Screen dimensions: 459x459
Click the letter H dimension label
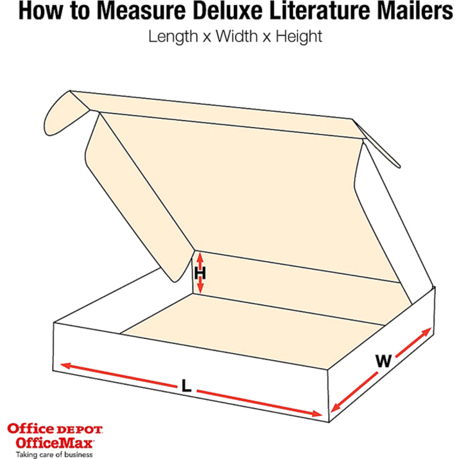tap(200, 273)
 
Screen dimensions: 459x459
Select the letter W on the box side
tap(383, 361)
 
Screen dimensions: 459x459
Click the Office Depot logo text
tap(54, 429)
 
